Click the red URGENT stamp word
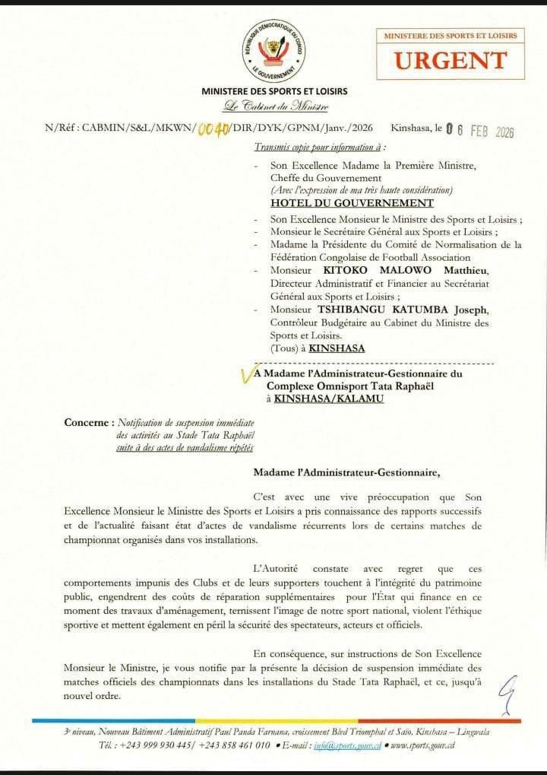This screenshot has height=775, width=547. click(450, 60)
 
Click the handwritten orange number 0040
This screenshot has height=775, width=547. click(212, 130)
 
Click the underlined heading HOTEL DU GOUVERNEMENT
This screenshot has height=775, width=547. click(352, 203)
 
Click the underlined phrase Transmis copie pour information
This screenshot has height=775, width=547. click(318, 146)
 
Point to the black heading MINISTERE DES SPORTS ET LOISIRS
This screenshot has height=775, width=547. click(274, 92)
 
